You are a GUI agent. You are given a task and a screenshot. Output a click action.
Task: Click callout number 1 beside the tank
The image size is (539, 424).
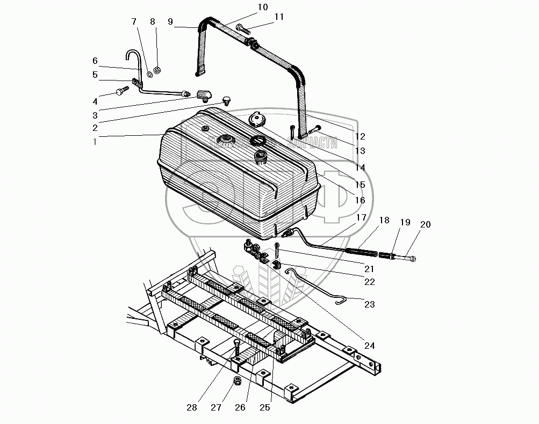tap(95, 143)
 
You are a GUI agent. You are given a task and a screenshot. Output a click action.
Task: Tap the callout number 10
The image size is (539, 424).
tap(262, 7)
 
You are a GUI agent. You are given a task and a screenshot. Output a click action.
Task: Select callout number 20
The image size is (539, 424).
tap(425, 225)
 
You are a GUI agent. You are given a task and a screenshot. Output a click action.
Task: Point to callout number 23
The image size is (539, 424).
tap(369, 304)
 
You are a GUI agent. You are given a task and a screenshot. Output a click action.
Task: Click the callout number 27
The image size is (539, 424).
tap(216, 407)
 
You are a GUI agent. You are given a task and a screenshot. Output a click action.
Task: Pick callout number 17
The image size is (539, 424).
tap(361, 217)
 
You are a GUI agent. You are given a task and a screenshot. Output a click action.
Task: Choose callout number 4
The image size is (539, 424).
tap(95, 101)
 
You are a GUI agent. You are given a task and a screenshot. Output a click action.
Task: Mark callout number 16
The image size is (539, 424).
tap(360, 200)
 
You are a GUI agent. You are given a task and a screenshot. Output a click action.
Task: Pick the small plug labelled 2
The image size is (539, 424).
tap(226, 99)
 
